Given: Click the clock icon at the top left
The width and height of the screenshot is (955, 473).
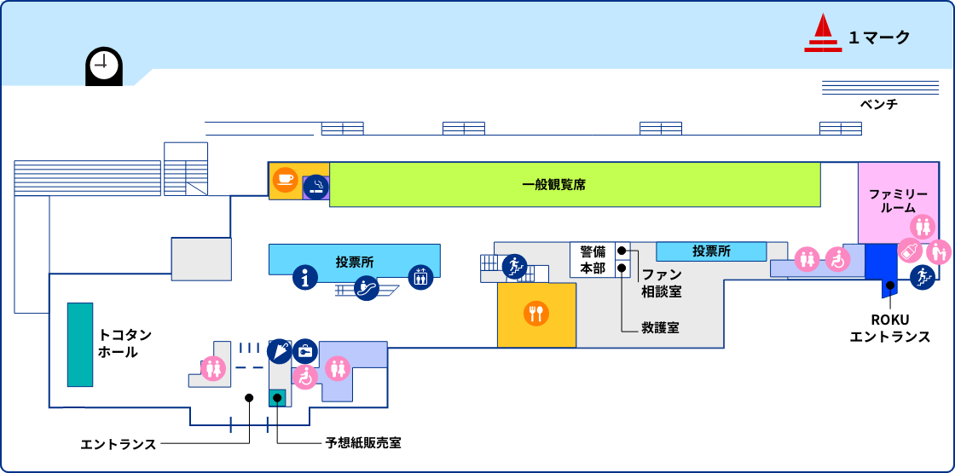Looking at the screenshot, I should [x=104, y=65].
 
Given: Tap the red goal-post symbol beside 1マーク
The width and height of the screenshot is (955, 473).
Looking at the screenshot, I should [x=823, y=34].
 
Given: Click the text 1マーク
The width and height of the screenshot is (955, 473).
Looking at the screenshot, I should [x=879, y=37].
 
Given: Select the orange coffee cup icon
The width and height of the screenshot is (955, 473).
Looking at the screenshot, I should [x=285, y=180].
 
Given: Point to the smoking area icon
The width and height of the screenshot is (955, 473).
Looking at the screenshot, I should [x=316, y=187].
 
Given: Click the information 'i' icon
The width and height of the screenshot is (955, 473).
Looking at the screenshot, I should [x=305, y=277].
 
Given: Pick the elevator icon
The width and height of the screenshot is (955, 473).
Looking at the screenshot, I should [x=420, y=277].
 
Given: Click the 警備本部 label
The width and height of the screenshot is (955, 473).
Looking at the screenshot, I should [x=593, y=259].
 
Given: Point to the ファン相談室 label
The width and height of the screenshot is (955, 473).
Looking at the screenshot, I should [x=662, y=283].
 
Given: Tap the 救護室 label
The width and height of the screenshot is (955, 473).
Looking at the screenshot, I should [x=660, y=327].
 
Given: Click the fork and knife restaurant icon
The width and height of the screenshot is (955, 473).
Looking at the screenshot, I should [x=536, y=314].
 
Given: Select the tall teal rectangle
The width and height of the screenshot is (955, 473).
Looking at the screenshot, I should [x=80, y=344].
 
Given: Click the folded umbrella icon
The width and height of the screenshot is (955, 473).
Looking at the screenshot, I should [x=280, y=351].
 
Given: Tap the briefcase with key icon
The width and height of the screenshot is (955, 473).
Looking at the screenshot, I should [x=305, y=351].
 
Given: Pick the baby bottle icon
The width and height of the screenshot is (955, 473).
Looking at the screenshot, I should [x=910, y=251].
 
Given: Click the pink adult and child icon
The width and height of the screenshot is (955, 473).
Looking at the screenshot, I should [x=938, y=251].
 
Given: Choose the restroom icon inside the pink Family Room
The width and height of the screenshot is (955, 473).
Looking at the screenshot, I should [x=923, y=227].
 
